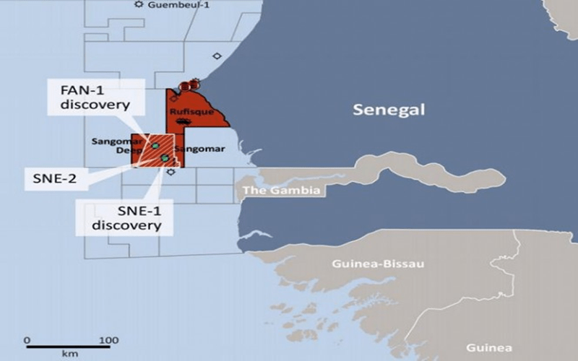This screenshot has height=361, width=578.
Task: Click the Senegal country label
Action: pos(389,110)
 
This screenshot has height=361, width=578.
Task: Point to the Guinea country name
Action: pos(489,347)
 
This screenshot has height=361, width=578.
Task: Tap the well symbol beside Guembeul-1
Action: pos(139,5)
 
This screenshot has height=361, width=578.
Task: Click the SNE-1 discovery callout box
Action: pos(119,215)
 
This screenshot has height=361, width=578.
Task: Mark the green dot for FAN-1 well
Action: pos(155,146)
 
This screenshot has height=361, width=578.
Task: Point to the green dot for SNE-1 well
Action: pos(165,157)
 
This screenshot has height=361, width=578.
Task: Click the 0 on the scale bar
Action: pos(27,339)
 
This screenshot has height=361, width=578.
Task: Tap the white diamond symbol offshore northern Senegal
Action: pos(217,56)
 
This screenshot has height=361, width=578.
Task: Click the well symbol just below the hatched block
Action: pos(171,172)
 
